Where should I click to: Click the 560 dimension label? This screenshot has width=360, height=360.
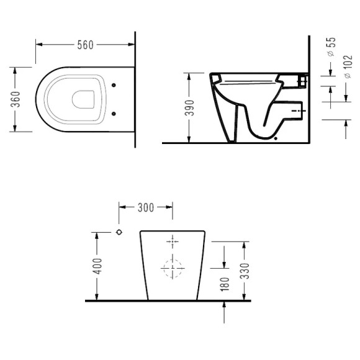86,45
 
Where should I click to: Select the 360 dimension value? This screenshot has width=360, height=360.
16,99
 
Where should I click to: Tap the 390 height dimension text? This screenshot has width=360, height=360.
190,108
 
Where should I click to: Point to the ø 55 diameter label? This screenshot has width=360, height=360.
331,47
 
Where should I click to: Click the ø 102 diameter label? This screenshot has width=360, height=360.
348,67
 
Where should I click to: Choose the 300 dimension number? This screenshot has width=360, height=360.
146,208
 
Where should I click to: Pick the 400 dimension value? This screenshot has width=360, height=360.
98,266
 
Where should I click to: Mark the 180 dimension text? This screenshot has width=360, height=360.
225,284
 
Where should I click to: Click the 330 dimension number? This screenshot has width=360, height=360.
245,271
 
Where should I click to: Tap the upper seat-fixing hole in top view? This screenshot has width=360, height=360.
114,85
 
